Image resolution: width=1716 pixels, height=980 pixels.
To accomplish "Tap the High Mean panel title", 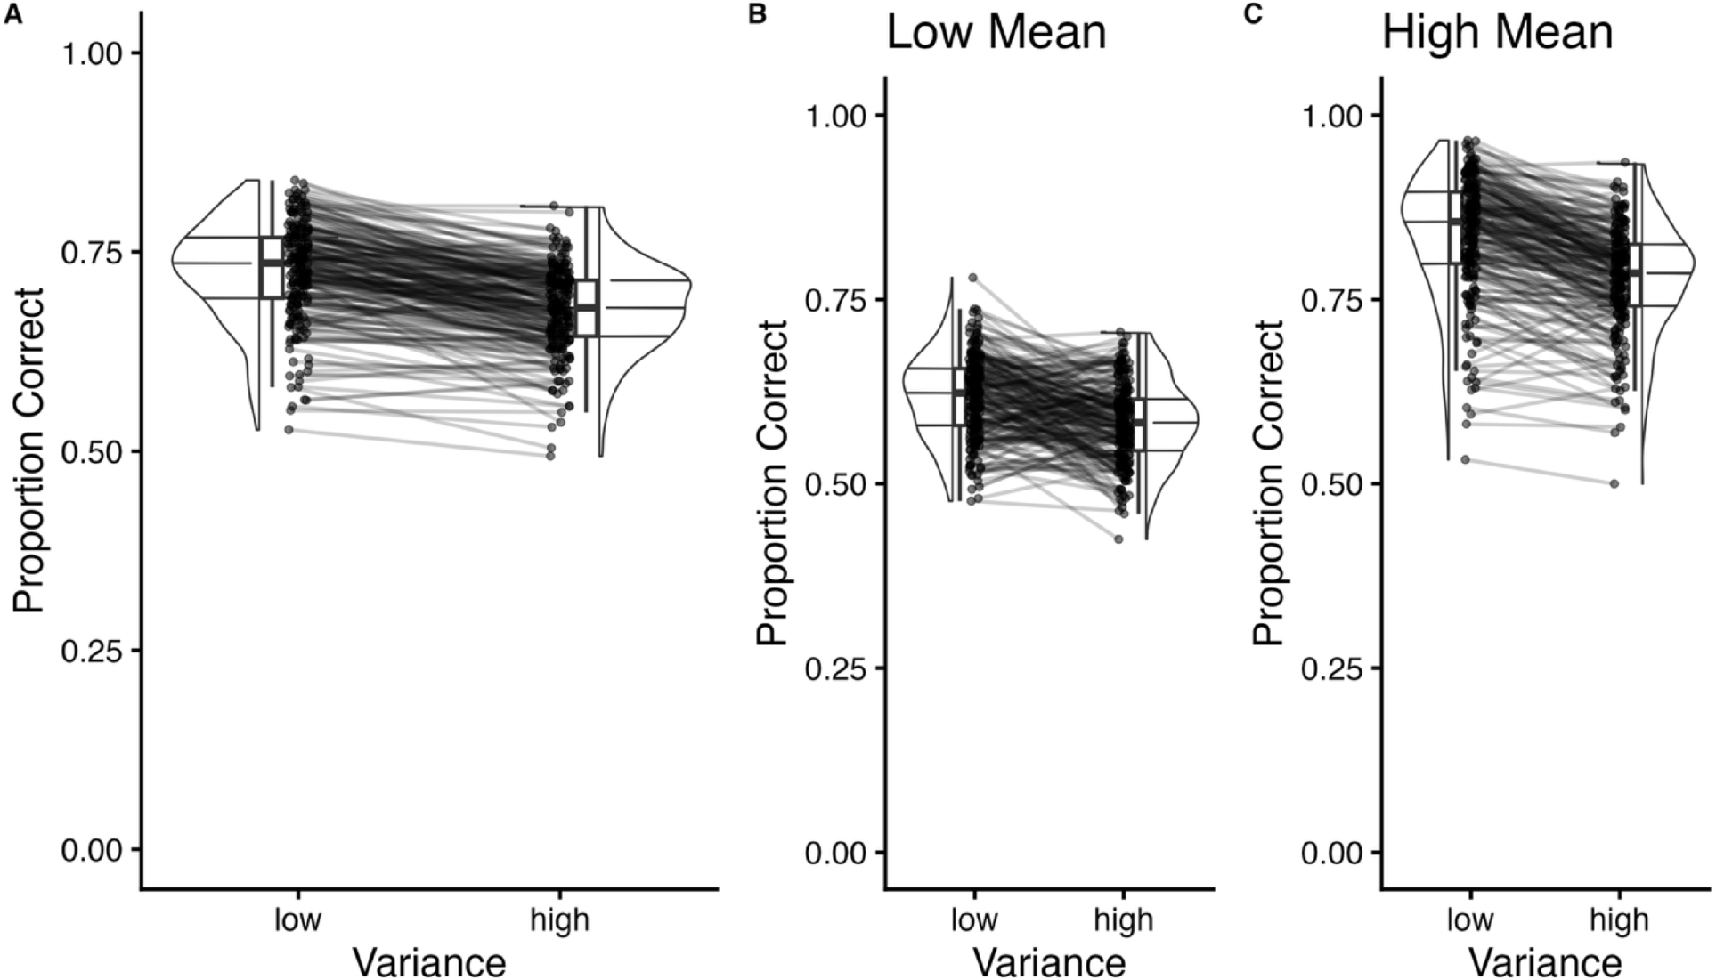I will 1497,34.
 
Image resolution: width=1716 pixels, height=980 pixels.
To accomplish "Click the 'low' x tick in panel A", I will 297,919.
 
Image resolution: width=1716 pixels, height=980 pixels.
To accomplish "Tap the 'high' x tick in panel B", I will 1125,919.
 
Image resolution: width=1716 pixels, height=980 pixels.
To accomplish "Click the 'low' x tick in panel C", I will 1469,919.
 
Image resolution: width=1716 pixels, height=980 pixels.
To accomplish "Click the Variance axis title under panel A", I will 429,962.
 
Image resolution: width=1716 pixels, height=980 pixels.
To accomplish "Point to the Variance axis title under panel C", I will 1545,962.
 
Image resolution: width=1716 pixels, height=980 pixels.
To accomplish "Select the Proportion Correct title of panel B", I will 771,483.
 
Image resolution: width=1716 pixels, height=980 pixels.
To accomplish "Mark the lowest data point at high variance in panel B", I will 1118,539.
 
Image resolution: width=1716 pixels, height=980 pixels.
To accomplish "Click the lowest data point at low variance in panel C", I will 1465,460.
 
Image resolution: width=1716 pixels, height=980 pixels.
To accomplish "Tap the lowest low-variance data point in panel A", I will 289,430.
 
